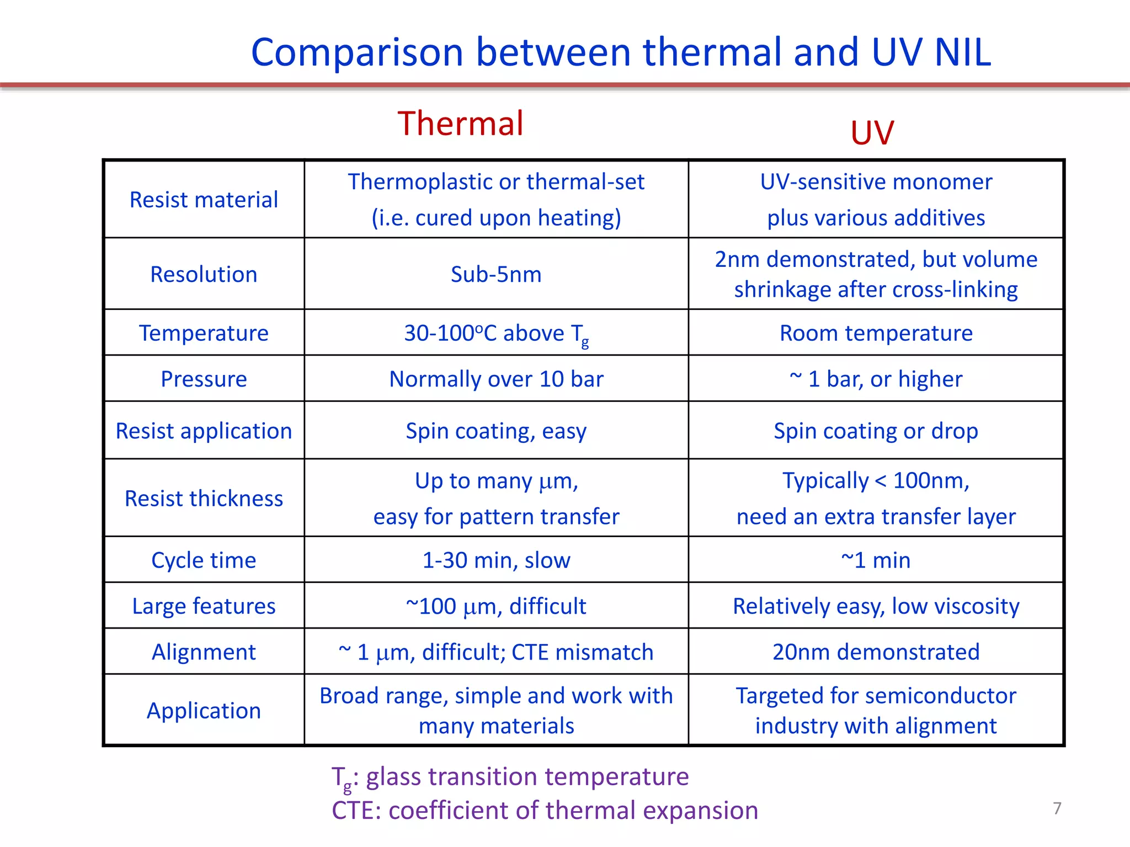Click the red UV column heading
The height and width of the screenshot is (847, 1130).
(872, 133)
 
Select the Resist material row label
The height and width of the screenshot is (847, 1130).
(204, 200)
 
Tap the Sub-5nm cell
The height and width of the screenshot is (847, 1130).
(496, 274)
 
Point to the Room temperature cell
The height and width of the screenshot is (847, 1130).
(876, 333)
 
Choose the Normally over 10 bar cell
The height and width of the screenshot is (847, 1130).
(496, 379)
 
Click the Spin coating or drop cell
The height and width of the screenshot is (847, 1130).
(876, 431)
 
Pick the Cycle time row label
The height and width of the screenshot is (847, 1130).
(204, 560)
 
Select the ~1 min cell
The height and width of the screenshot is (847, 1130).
(876, 560)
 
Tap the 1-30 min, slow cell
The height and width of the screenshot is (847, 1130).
(496, 560)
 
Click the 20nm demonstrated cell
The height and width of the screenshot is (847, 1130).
(876, 652)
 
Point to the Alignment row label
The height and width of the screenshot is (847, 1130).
(204, 652)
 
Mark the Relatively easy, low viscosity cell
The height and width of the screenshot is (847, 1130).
(876, 606)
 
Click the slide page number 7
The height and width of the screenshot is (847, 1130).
(1057, 808)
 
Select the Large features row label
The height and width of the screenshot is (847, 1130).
(204, 606)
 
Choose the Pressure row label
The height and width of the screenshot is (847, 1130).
(204, 379)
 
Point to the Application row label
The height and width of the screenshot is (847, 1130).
(204, 710)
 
